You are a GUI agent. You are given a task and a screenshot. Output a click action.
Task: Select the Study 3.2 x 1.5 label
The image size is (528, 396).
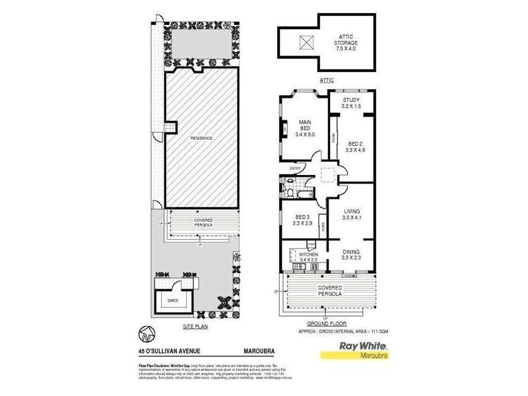(x=351, y=103)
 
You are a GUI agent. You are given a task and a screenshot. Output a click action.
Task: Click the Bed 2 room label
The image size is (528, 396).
(x=356, y=147)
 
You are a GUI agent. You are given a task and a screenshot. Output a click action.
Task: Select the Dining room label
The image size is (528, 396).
(x=351, y=255)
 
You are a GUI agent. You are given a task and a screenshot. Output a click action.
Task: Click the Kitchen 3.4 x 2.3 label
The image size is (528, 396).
(x=309, y=257)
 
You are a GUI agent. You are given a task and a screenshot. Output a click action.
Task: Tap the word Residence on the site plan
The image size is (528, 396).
(x=201, y=138)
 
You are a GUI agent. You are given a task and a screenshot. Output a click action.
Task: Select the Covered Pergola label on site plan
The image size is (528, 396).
(x=203, y=222)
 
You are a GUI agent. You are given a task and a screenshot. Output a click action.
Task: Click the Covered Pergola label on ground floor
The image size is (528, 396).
(x=329, y=291)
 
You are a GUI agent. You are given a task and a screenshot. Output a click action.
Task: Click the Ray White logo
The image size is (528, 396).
(x=362, y=346)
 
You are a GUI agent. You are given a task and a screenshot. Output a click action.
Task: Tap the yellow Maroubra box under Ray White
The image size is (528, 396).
(x=362, y=356)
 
